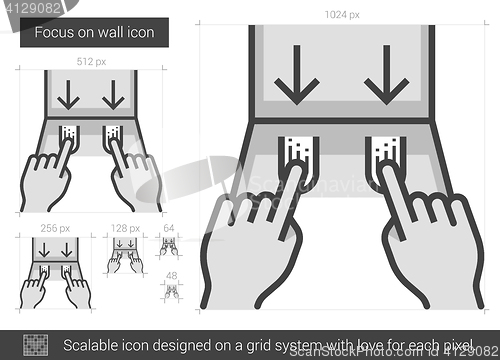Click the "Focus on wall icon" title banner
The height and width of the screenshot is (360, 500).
(94, 32)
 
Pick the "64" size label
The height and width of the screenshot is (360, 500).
(169, 228)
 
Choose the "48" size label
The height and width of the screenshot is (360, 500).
(171, 276)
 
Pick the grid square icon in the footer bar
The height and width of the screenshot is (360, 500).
(36, 345)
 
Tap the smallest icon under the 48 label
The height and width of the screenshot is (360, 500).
(171, 292)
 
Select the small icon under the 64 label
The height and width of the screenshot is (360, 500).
(169, 246)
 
